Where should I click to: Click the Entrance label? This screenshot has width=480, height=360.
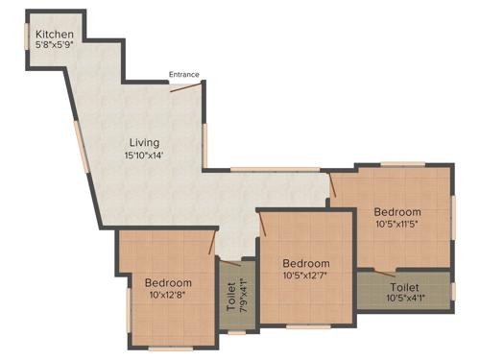point(184,74)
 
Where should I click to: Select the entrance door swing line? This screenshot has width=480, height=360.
point(186,87)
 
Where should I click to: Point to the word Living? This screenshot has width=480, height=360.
point(145,142)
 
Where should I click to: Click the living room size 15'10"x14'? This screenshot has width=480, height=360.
point(145,155)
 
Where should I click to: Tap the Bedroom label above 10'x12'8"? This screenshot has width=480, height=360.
point(168,283)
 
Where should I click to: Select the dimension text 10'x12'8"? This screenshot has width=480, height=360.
point(168,296)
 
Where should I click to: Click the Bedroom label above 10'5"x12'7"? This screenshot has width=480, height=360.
point(306,264)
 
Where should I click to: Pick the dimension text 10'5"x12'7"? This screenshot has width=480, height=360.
point(306,276)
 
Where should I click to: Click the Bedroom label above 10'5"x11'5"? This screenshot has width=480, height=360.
point(397,211)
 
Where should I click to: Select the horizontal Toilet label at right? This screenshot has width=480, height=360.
point(404,287)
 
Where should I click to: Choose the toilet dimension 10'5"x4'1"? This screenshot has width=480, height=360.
point(404,300)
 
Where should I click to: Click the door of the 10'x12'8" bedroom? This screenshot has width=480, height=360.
point(211,243)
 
